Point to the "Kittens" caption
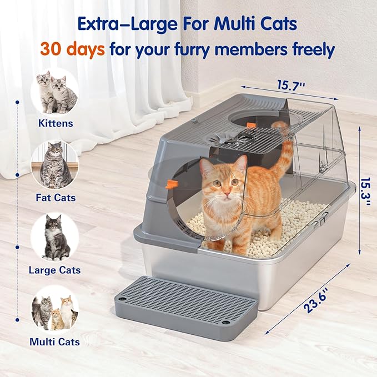coord(56,123)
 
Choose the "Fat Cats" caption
coord(56,197)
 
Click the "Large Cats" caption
coord(55,270)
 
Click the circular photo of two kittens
coord(56,92)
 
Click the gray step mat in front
coord(186,304)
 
